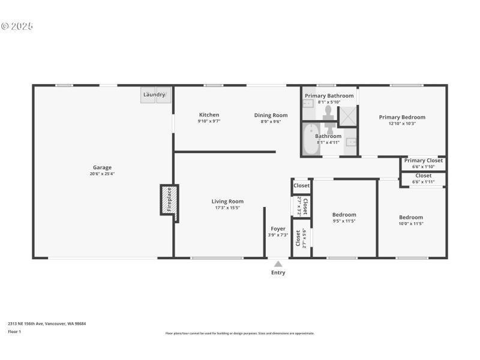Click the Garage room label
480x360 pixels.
[102, 167]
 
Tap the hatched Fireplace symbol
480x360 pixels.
[169, 199]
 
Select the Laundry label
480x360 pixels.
[154, 95]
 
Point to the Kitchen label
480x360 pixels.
[209, 115]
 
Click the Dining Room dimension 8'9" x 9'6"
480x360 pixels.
[271, 121]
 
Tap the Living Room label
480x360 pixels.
[227, 202]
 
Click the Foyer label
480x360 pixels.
[278, 229]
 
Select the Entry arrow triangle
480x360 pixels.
[278, 263]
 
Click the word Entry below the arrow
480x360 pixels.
[278, 272]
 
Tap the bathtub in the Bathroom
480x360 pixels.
[310, 140]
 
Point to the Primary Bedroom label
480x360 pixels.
[402, 117]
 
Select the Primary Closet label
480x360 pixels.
[423, 160]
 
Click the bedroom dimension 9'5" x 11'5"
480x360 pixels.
[344, 221]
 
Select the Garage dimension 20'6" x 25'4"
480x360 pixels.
[102, 174]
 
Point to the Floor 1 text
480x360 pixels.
[14, 331]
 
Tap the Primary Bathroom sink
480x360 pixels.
[308, 104]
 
